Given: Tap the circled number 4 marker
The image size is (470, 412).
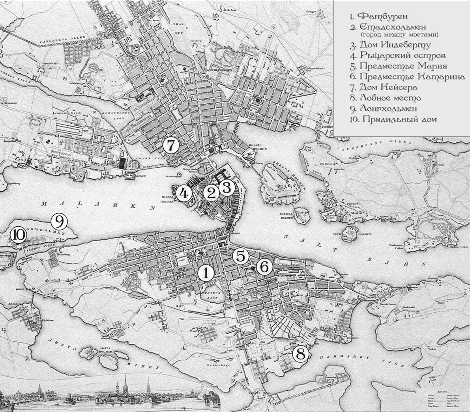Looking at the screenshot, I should [x=183, y=193].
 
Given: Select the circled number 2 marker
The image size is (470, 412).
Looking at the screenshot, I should [x=211, y=193].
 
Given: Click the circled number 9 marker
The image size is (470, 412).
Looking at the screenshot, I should [x=59, y=222].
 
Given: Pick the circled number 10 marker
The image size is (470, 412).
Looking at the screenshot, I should [x=18, y=235].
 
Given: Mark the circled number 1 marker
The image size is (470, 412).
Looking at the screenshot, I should [x=206, y=272].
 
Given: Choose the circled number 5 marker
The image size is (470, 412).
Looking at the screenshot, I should [x=241, y=256].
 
